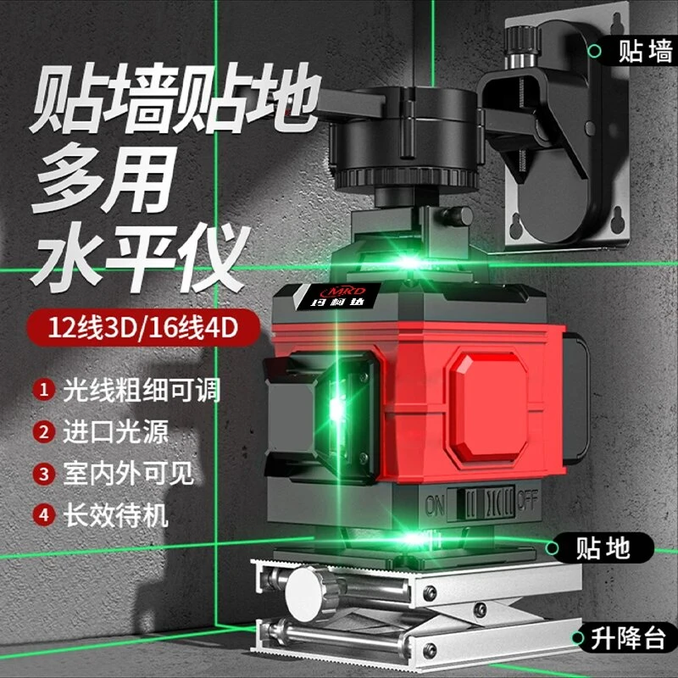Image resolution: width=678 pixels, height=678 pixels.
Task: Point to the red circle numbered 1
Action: pos(42,391)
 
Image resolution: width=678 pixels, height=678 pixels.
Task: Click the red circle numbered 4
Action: pos(42,514)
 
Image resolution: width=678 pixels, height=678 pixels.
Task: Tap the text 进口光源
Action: pos(115,431)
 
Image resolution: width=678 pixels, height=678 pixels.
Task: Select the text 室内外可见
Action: pos(128,472)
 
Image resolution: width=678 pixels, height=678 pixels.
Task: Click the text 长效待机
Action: pos(115,514)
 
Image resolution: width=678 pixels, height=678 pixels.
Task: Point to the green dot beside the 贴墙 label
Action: pos(596,53)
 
